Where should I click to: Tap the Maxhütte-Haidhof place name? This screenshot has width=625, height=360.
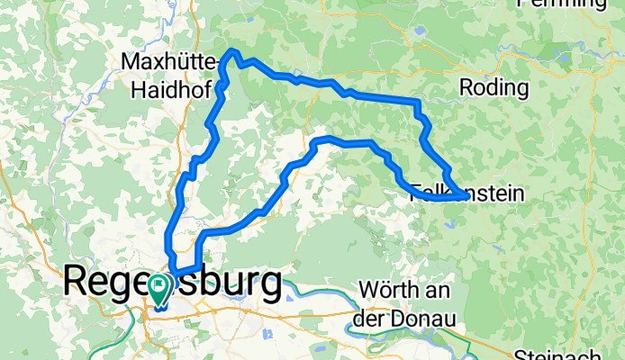point(170,76)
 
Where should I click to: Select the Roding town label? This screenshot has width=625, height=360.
point(493,87)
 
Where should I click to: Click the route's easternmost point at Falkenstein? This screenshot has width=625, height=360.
point(464,194)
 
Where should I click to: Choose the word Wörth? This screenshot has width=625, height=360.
point(387,292)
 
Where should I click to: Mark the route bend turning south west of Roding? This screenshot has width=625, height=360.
point(417,103)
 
